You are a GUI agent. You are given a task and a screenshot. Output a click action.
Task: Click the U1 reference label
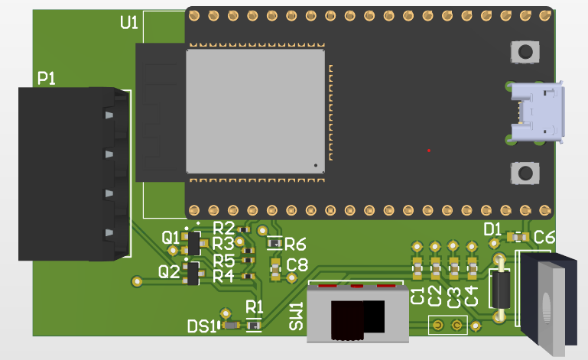point(129,23)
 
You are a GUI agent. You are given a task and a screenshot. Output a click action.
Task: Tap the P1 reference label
point(47,78)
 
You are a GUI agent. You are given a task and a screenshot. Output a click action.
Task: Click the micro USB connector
point(539,112)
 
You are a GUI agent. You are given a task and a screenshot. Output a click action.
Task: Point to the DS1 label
point(202,326)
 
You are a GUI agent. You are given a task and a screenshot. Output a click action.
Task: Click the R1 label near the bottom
point(254,307)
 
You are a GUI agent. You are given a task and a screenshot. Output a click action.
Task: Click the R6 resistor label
point(295,244)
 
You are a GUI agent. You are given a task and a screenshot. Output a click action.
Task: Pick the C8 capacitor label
point(297,265)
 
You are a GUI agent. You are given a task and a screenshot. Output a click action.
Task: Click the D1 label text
point(493,229)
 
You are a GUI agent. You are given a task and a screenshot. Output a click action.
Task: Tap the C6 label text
point(544,237)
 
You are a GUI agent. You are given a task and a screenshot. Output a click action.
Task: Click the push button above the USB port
point(525,52)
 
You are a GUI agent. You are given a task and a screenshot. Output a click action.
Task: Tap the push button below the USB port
point(525,173)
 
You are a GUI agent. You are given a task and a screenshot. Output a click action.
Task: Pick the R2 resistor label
point(223,228)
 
